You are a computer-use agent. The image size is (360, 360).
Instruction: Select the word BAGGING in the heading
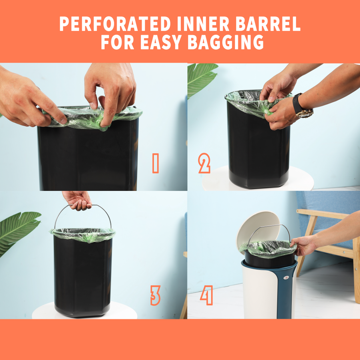coord(226,42)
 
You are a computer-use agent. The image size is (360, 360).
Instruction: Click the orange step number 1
coord(155,163)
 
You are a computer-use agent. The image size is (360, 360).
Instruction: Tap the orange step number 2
coord(204,163)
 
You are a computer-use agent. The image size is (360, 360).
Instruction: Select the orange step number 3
coord(155,295)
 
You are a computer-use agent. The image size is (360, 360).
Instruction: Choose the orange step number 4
coord(207,295)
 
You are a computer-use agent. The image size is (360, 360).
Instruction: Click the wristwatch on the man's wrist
coord(302,106)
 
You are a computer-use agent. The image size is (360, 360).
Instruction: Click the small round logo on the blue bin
coord(285,277)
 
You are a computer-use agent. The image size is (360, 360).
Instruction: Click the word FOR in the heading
coord(117,42)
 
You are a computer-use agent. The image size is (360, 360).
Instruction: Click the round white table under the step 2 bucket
coord(258,179)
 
